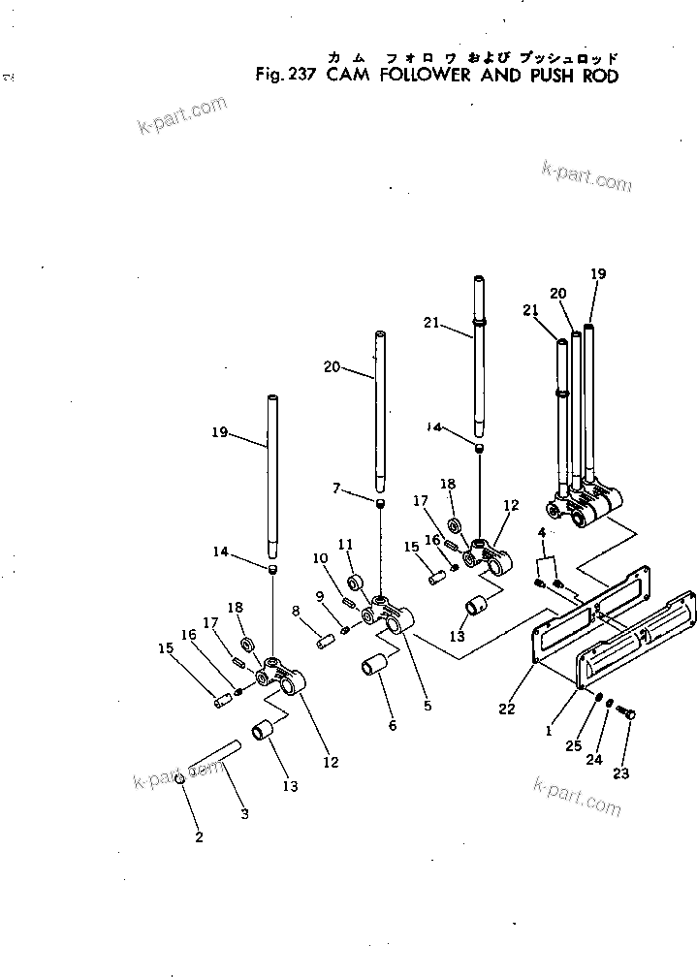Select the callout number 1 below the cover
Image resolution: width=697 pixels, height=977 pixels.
tap(549, 731)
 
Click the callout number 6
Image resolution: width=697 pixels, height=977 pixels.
tap(393, 724)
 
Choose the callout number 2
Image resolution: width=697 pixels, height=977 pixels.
tap(199, 836)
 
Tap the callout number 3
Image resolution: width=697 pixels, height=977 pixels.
tap(244, 814)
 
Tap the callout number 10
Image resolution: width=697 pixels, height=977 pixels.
tap(320, 559)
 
